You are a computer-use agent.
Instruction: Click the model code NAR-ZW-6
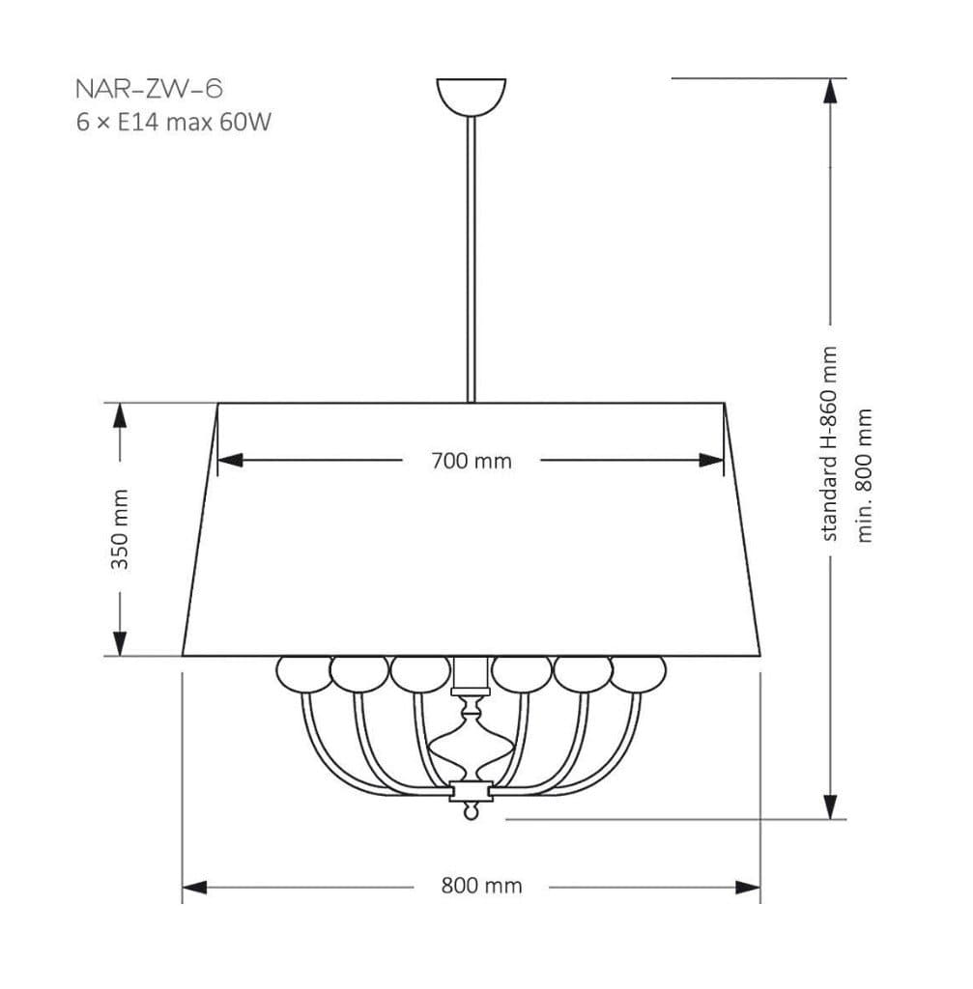tap(149, 89)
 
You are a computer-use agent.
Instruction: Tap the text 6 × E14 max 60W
tap(174, 122)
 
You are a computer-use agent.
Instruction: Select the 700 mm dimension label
tap(472, 461)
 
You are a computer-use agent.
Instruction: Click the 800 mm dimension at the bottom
tap(481, 887)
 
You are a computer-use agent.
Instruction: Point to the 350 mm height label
tap(120, 529)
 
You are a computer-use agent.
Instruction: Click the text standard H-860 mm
tap(829, 443)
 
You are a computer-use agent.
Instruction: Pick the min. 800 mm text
tap(864, 475)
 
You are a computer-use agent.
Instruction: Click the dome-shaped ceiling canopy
tap(472, 97)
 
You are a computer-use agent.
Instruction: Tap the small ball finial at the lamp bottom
tap(471, 811)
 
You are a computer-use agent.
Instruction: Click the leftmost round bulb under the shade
tap(304, 673)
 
